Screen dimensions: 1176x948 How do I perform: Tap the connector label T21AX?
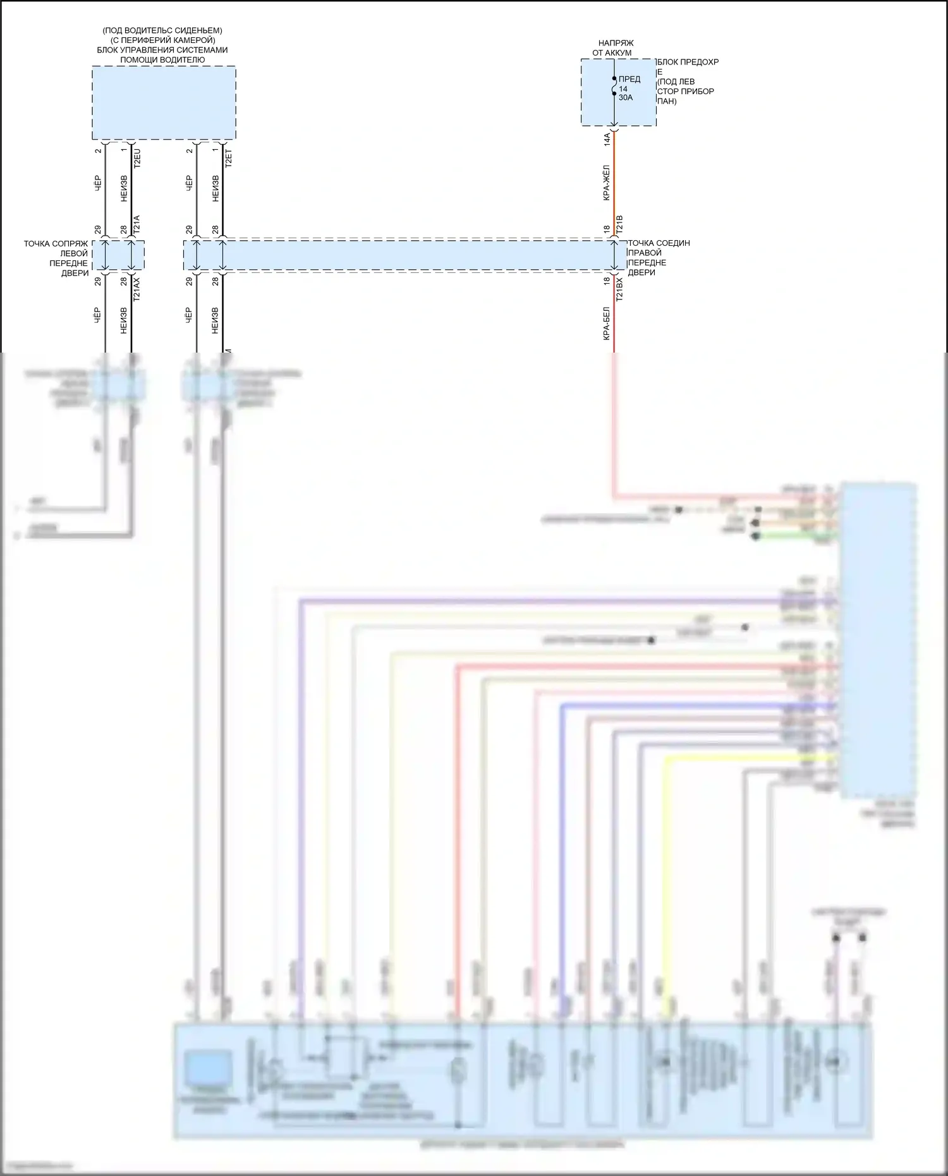[x=137, y=288]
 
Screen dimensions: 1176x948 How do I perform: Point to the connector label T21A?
[x=137, y=225]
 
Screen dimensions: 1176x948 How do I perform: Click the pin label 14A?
[x=607, y=139]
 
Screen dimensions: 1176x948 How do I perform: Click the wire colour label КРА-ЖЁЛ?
[x=606, y=183]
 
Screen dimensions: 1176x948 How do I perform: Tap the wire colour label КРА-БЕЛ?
[x=606, y=324]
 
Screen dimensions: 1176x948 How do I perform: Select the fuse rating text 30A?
[x=626, y=98]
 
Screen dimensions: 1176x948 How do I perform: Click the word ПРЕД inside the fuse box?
[x=629, y=79]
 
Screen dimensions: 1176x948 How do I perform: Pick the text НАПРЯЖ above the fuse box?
[x=616, y=43]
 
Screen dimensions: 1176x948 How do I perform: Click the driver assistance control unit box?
[x=164, y=102]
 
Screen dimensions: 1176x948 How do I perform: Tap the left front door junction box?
[x=118, y=255]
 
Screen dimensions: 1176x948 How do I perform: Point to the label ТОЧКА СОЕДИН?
[x=659, y=243]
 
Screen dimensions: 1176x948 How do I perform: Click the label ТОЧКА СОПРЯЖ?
[x=56, y=244]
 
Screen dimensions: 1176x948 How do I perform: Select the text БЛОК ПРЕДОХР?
[x=688, y=62]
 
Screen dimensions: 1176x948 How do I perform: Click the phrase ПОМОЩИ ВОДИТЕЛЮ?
[x=162, y=60]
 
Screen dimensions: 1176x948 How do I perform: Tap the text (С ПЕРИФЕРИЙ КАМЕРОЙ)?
[x=162, y=40]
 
